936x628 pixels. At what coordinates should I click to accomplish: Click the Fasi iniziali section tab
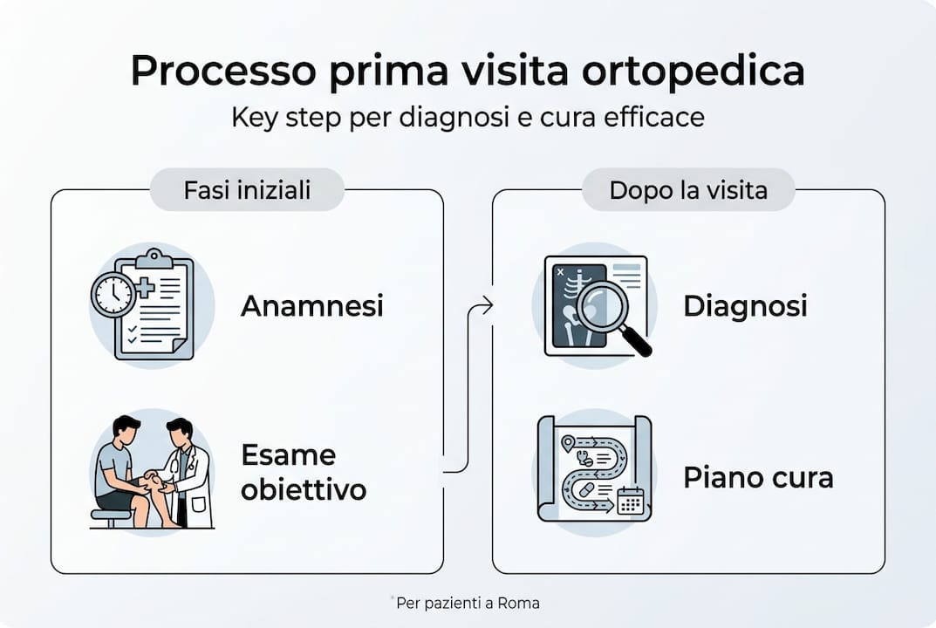(247, 190)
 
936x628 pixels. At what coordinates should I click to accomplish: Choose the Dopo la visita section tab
(687, 190)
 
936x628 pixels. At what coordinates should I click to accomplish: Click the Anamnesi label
(311, 306)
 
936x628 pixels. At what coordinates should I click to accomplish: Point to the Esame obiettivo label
(303, 473)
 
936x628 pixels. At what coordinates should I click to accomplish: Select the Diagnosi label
(745, 306)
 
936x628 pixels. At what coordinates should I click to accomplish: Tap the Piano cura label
(757, 478)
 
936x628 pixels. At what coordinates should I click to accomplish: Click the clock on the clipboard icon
(113, 296)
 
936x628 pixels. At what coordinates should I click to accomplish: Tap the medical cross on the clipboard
(144, 289)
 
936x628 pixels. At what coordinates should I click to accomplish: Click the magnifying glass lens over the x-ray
(602, 304)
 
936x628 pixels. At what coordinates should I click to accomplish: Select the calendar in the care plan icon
(630, 501)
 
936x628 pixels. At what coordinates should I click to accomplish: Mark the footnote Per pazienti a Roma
(467, 603)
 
